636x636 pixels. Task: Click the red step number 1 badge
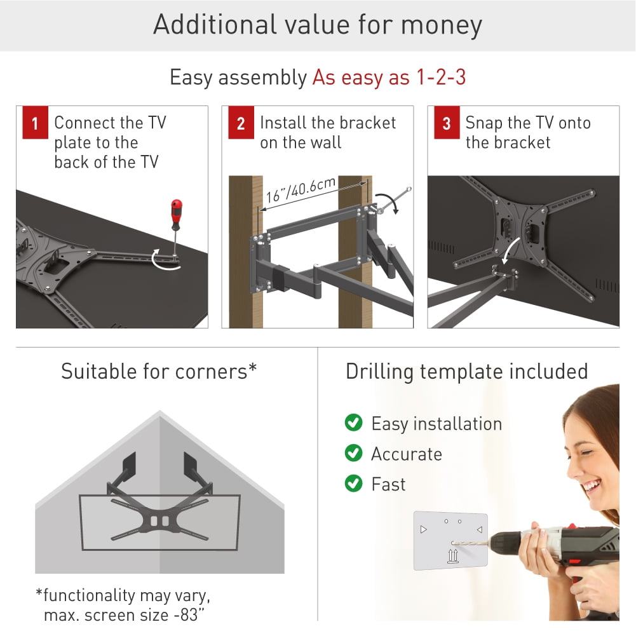coord(34,123)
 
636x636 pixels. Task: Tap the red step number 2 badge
coord(240,123)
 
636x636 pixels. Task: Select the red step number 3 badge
coord(446,123)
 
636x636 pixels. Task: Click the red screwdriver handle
coord(175,212)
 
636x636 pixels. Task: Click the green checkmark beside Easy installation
coord(353,423)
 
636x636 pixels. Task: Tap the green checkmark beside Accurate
coord(353,454)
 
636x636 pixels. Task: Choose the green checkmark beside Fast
coord(353,484)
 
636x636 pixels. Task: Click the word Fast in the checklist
coord(388,484)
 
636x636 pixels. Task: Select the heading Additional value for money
coord(318,25)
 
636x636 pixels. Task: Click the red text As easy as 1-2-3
coord(389,78)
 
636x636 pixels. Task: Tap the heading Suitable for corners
coord(159,371)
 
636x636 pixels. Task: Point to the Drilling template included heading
coord(467,371)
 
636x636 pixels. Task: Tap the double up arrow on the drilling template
coord(452,557)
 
